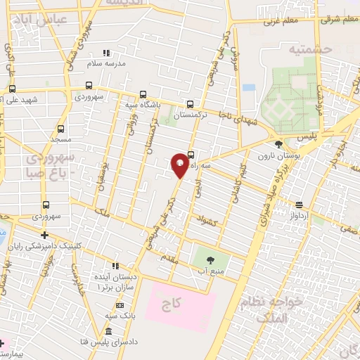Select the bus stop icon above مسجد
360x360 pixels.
click(60, 129)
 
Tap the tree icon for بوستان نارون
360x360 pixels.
click(279, 143)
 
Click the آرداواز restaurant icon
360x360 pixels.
click(300, 205)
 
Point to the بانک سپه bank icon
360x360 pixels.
click(119, 305)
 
